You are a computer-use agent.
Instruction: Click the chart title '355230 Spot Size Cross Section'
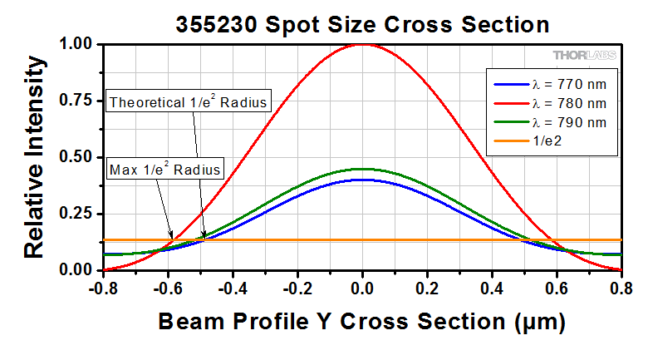pyautogui.click(x=362, y=24)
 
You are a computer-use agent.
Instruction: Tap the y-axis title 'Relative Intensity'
pyautogui.click(x=35, y=157)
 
